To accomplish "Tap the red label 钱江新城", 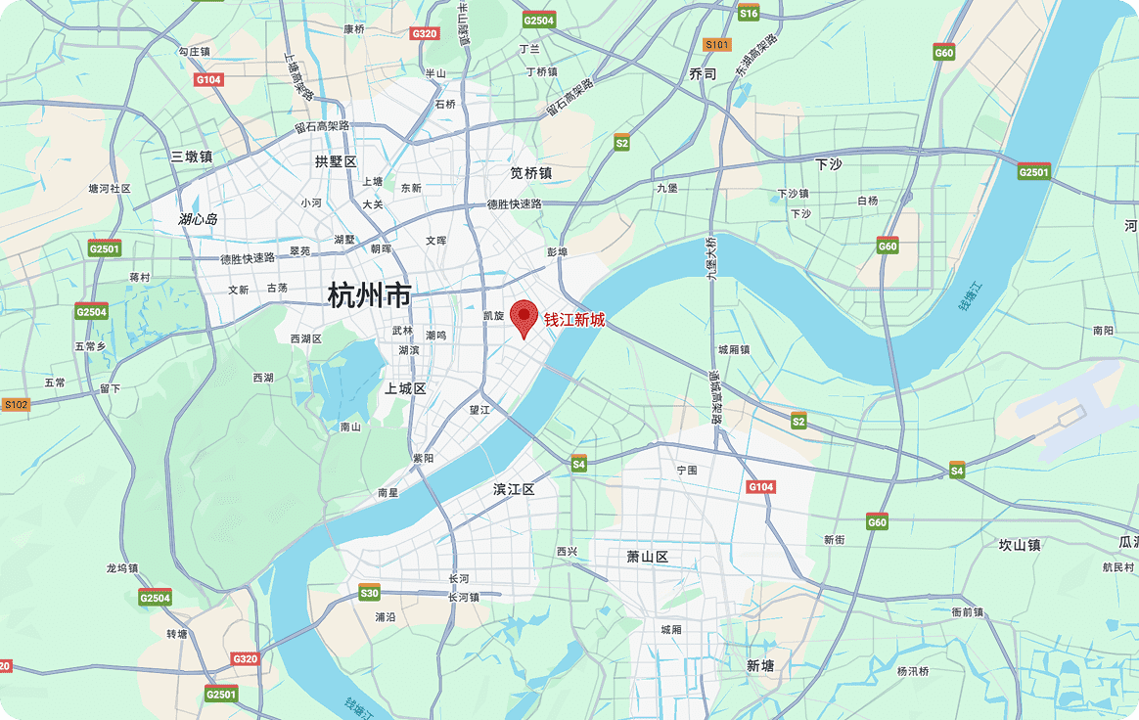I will tap(574, 320).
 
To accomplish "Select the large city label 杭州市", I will tap(369, 294).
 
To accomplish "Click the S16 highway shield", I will tap(749, 13).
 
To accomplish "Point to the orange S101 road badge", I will tap(717, 45).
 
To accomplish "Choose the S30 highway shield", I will tap(369, 593).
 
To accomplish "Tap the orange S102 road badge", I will tap(16, 404).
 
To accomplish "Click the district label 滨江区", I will tap(514, 489).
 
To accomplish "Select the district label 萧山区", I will tap(647, 557).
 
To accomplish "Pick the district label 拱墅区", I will tap(336, 161).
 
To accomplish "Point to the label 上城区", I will tap(405, 388).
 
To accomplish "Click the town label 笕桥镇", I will tap(530, 172).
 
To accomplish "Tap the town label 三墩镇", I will tap(191, 157).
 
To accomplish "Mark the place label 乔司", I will tap(703, 74).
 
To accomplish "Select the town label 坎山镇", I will tap(1019, 545).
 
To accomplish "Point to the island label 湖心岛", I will tap(198, 219).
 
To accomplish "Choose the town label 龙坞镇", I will tap(122, 568).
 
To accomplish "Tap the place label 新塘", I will tap(759, 665).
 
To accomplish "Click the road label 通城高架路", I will tap(715, 395).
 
